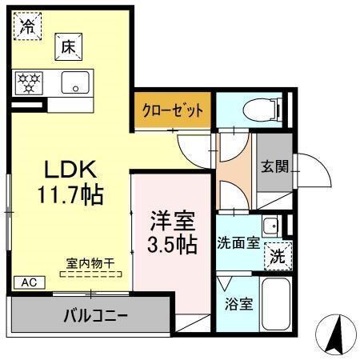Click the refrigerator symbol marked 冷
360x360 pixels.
tap(27, 26)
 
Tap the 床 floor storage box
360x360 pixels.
tap(68, 47)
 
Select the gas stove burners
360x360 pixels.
tap(30, 81)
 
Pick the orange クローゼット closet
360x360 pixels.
tap(174, 110)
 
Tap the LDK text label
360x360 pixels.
tap(70, 169)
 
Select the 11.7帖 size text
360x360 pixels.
tap(70, 193)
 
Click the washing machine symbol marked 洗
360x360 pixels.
tap(275, 257)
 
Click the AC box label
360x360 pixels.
tap(28, 282)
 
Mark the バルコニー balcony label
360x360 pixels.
tap(95, 315)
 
